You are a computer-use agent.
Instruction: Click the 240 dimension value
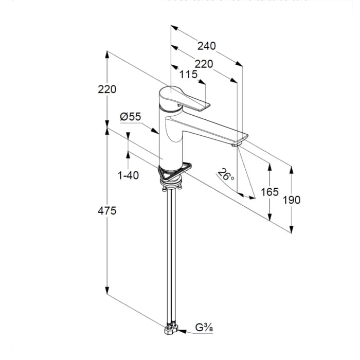pos(206,46)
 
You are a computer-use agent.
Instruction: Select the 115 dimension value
pos(189,75)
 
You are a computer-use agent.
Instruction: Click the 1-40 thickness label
pos(128,175)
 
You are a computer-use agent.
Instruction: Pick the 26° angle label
pos(226,175)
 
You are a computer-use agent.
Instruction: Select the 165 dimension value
pos(269,192)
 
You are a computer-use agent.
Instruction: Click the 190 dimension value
pos(292,200)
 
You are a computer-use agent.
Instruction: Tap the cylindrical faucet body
pos(172,144)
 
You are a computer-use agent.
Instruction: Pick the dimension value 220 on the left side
pos(107,89)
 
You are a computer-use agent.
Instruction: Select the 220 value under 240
pos(204,64)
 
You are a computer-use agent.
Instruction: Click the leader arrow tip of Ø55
pos(158,133)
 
